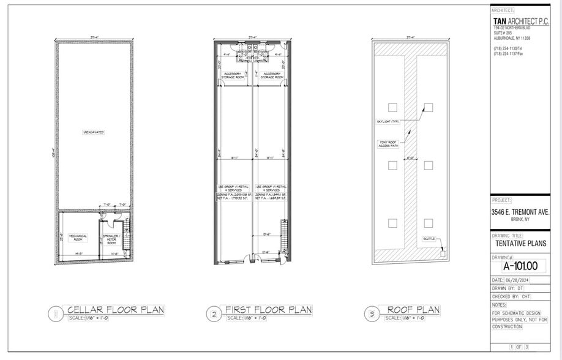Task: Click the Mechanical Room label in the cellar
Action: pyautogui.click(x=78, y=236)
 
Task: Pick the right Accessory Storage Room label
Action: pyautogui.click(x=271, y=75)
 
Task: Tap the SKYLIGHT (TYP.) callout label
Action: pyautogui.click(x=388, y=121)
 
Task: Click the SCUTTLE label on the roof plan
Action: pyautogui.click(x=429, y=239)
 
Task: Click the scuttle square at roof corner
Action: pyautogui.click(x=443, y=251)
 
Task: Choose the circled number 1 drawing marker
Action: pyautogui.click(x=55, y=315)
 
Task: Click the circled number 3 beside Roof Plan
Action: pyautogui.click(x=372, y=315)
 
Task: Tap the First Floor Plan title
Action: pyautogui.click(x=269, y=310)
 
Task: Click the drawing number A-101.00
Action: pyautogui.click(x=520, y=266)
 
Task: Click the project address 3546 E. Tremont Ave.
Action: pyautogui.click(x=520, y=212)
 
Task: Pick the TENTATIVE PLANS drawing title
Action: pyautogui.click(x=520, y=243)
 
